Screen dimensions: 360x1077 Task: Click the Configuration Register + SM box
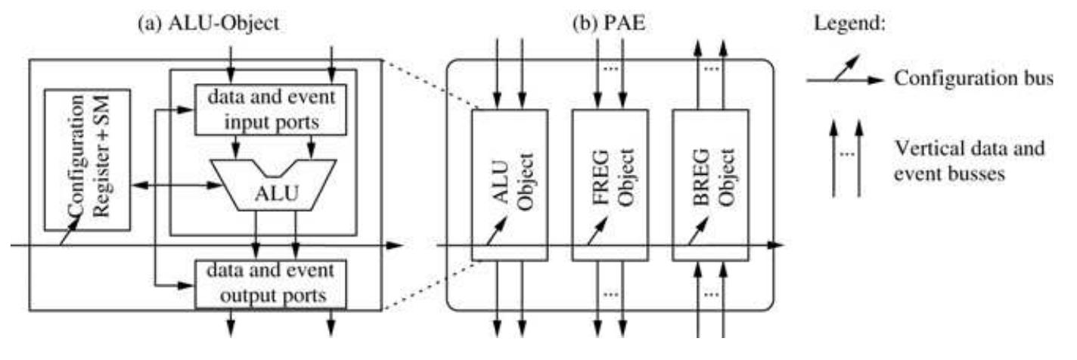pyautogui.click(x=87, y=159)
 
